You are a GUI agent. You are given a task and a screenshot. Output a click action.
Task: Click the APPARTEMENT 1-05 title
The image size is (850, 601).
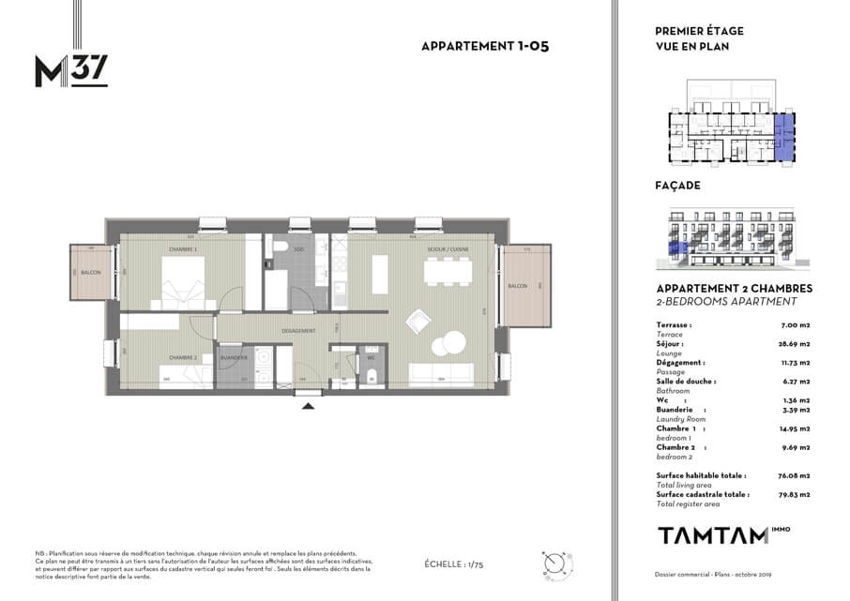[483, 46]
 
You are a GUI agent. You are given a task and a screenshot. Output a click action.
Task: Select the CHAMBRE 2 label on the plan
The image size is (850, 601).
[181, 357]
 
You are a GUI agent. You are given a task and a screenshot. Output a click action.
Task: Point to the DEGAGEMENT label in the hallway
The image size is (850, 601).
[298, 331]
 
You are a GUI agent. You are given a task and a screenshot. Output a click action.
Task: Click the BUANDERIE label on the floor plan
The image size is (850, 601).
[233, 357]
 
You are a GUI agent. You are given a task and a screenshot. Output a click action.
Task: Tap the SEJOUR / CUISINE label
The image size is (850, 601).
[448, 248]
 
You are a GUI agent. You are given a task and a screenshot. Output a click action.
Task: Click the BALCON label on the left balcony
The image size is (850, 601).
[91, 273]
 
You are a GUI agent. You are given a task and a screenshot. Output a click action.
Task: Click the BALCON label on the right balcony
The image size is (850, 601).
[518, 285]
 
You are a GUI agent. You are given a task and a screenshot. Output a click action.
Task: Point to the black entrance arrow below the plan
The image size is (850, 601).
[307, 405]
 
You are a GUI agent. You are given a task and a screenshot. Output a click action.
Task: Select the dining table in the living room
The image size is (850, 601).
[448, 271]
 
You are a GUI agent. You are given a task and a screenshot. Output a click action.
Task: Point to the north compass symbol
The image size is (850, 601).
[554, 564]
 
